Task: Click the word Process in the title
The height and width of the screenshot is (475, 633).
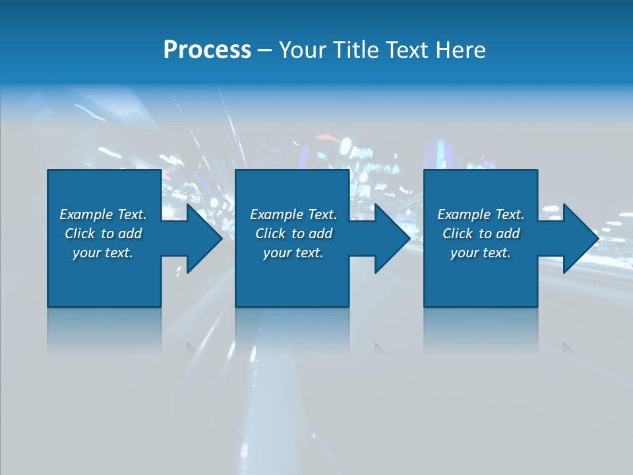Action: point(207,50)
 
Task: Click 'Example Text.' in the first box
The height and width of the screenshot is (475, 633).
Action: point(103,214)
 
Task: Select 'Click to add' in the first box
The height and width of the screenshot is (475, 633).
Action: point(104,234)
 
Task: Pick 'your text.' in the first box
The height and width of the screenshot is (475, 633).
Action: point(103,253)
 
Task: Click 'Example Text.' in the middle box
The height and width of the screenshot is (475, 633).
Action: point(293,214)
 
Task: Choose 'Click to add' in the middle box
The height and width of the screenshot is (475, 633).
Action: point(293,234)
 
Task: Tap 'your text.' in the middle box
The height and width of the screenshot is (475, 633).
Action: point(293,253)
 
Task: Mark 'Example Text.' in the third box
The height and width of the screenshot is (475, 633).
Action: point(481,214)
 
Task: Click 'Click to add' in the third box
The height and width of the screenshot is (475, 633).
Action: point(481,234)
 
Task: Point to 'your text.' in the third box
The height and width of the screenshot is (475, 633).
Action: point(481,253)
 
